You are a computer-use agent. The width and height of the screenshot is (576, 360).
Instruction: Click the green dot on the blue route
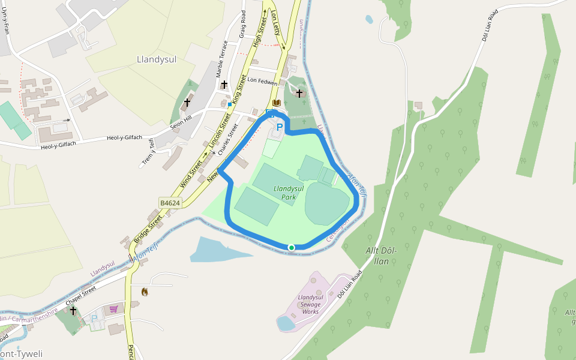(x=292, y=247)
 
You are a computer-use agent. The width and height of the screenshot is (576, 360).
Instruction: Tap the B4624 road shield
(x=170, y=203)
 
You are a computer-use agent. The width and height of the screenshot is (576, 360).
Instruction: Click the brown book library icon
(x=276, y=103)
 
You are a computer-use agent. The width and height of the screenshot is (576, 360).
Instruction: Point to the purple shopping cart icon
(x=113, y=309)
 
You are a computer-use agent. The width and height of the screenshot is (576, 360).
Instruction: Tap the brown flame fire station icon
(x=144, y=292)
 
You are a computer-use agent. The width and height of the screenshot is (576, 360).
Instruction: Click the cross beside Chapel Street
(x=73, y=311)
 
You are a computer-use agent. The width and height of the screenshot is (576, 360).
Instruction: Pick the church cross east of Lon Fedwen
(x=299, y=93)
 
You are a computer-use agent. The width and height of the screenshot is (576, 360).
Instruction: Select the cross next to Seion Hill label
(x=187, y=103)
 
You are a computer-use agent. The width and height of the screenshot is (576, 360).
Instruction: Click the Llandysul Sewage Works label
(x=310, y=305)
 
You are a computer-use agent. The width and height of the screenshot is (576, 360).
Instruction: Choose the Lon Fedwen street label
(x=262, y=82)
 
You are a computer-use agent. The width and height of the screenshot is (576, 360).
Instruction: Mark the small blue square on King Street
(x=229, y=104)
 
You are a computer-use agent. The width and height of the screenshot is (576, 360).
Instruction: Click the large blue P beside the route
(x=280, y=127)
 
